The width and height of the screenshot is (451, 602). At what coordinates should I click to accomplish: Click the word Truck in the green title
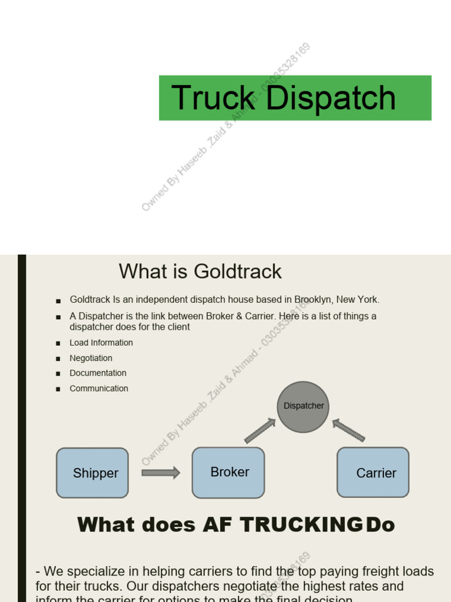click(x=212, y=98)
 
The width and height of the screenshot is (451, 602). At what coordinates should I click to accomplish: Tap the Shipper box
click(x=92, y=473)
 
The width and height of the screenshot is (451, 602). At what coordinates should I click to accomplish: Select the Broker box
click(x=228, y=472)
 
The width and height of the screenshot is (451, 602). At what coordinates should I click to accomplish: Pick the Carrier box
click(x=373, y=473)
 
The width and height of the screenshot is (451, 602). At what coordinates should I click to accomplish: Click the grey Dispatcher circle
click(x=303, y=406)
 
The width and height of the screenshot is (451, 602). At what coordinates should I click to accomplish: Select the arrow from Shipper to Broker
click(x=160, y=473)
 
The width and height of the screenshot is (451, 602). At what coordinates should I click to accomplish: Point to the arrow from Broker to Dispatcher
click(x=260, y=431)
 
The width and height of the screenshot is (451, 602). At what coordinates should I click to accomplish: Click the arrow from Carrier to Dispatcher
click(x=349, y=430)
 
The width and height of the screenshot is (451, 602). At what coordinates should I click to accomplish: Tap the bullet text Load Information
click(x=101, y=343)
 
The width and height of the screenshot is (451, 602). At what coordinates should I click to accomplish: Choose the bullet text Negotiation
click(x=90, y=358)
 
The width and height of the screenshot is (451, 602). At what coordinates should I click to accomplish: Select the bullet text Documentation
click(x=97, y=373)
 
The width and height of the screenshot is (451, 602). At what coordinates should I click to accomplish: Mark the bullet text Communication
click(x=99, y=389)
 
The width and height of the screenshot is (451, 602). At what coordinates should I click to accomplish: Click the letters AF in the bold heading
click(x=215, y=525)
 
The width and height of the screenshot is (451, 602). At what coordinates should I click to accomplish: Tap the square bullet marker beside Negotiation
click(x=58, y=359)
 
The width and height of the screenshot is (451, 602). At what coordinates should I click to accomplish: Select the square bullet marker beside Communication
click(x=58, y=389)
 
